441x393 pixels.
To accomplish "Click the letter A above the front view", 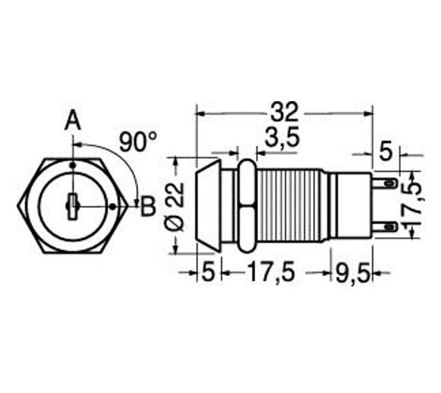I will pyautogui.click(x=72, y=121).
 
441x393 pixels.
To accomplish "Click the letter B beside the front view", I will pyautogui.click(x=148, y=204).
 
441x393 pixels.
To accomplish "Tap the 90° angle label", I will pyautogui.click(x=137, y=142).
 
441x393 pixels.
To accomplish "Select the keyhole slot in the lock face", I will pyautogui.click(x=71, y=204).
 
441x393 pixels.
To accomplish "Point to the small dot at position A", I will pyautogui.click(x=72, y=164).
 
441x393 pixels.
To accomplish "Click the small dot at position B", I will pyautogui.click(x=112, y=204).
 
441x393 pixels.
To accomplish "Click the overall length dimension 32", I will pyautogui.click(x=284, y=112).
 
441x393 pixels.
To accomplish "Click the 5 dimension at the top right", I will pyautogui.click(x=386, y=152).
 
